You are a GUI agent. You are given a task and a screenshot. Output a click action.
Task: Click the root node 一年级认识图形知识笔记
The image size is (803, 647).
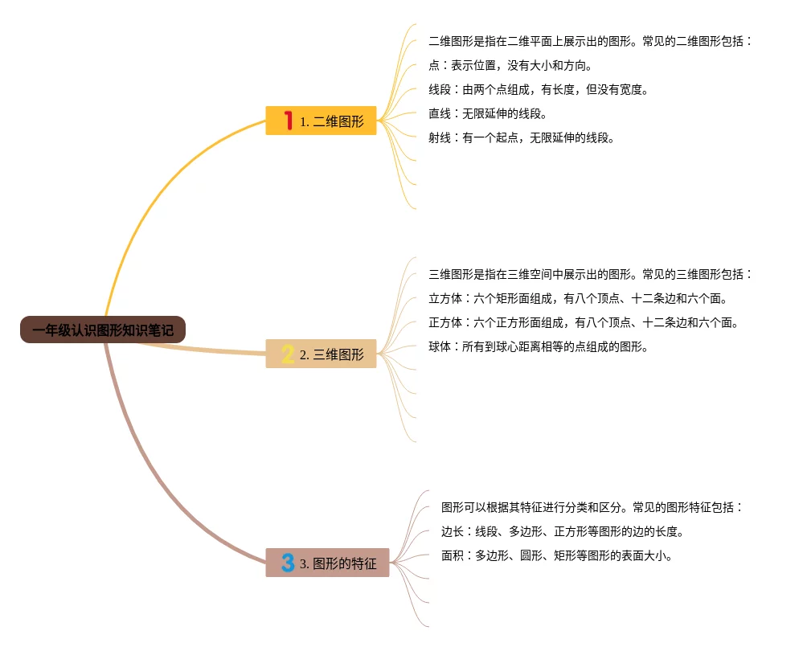[103, 330]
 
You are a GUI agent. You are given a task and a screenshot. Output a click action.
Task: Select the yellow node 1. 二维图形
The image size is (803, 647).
[321, 121]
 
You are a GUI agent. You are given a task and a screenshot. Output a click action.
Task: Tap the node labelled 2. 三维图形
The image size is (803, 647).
[321, 354]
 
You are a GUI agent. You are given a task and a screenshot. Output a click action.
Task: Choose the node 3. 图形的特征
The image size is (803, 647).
[327, 563]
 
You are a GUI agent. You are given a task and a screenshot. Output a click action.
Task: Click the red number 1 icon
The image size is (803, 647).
[288, 121]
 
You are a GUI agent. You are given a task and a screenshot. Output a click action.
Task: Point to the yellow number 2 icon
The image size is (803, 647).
[288, 354]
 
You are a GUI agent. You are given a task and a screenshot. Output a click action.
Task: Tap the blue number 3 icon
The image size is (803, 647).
[288, 563]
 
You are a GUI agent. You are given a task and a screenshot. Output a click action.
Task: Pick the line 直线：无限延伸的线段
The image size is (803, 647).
[488, 113]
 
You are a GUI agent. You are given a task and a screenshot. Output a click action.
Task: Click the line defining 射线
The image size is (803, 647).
[522, 137]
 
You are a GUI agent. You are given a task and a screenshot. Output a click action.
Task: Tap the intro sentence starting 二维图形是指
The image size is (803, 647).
[590, 41]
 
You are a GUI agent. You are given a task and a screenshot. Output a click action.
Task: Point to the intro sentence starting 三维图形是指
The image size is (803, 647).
[590, 274]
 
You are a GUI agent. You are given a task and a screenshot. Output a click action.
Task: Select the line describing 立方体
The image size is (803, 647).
[578, 298]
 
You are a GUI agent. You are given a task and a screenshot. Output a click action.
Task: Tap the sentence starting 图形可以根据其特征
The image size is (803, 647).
[592, 507]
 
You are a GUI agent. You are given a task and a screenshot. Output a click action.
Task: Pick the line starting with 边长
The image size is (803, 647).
[562, 531]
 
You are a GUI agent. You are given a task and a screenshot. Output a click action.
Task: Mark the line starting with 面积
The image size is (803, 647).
[556, 555]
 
